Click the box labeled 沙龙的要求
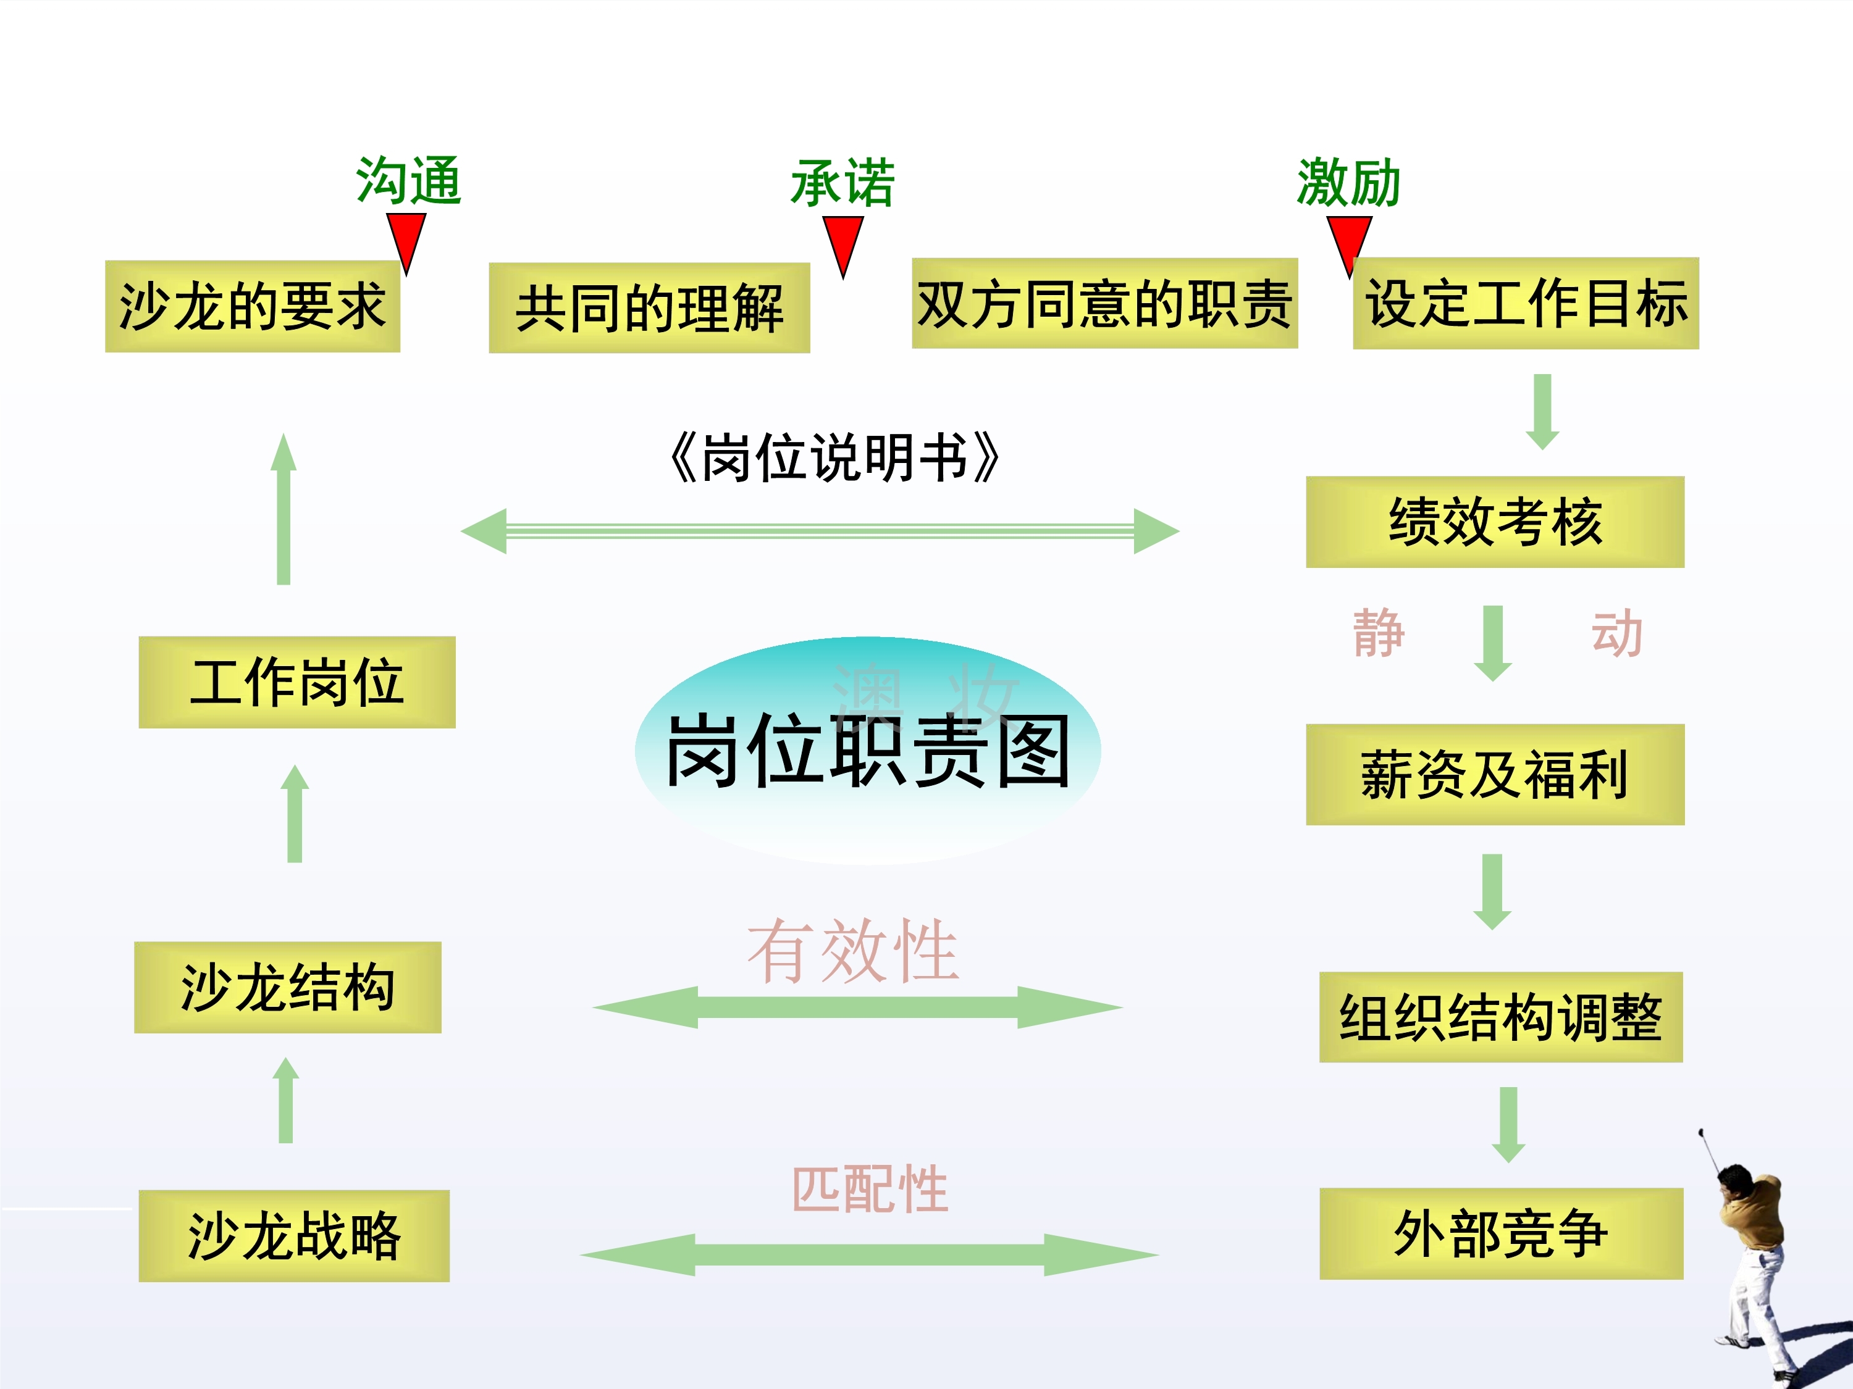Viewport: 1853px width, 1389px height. click(x=252, y=306)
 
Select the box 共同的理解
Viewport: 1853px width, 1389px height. click(x=649, y=308)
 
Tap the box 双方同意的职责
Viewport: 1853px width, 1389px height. click(x=1104, y=303)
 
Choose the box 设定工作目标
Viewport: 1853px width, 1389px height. click(x=1526, y=303)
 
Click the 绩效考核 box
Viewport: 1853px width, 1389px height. click(x=1495, y=522)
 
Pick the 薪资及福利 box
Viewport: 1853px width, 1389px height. click(x=1495, y=775)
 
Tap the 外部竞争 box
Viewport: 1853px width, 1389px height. click(x=1500, y=1233)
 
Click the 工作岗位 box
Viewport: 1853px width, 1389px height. click(x=296, y=682)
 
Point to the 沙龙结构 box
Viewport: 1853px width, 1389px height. click(x=287, y=987)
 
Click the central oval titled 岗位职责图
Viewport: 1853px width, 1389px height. click(x=867, y=751)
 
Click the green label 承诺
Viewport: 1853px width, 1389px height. click(x=842, y=183)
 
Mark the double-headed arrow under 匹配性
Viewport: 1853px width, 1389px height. click(x=868, y=1254)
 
